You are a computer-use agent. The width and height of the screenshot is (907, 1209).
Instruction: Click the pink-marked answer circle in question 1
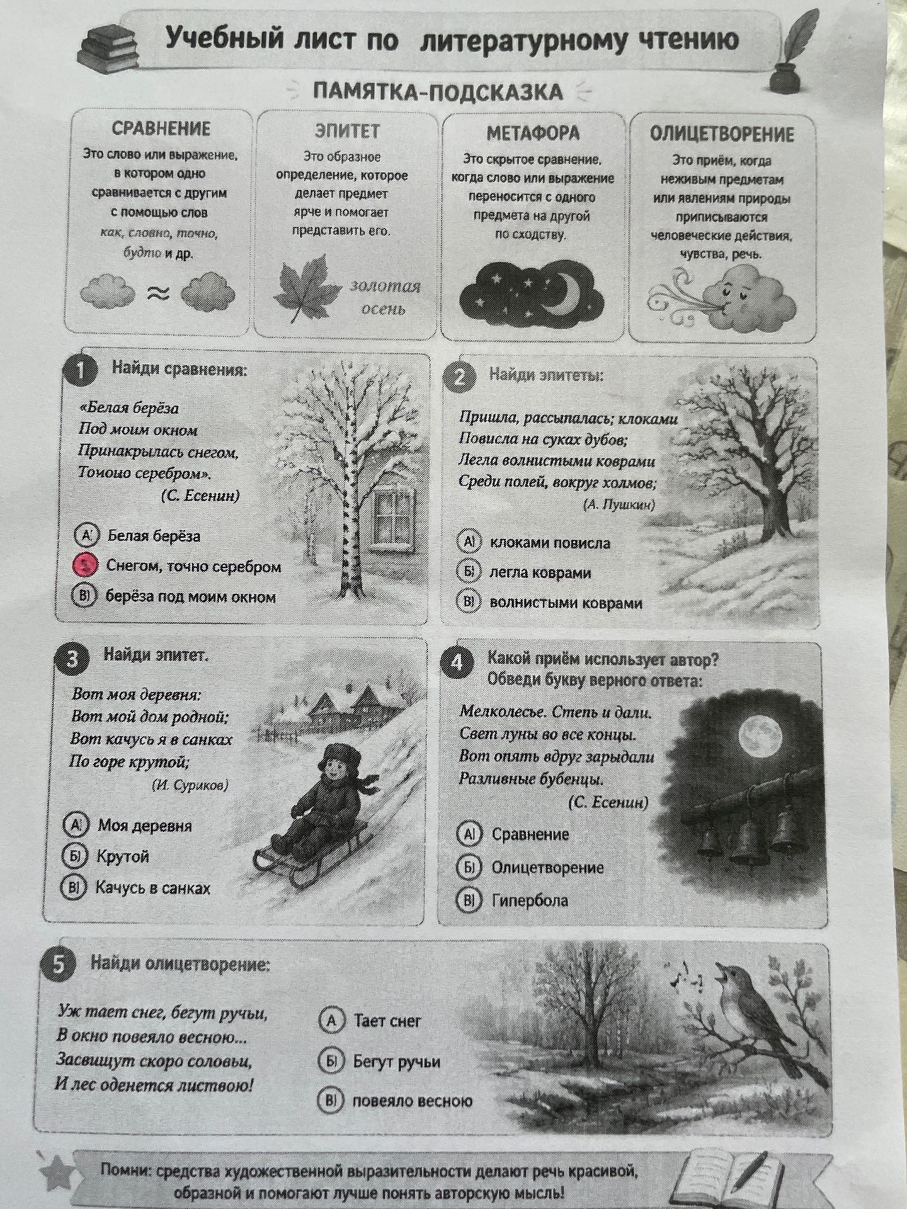tap(86, 565)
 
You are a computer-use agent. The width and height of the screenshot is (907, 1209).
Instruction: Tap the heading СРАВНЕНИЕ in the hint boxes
tap(161, 128)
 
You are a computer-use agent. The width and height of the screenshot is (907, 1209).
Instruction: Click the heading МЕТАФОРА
tap(533, 133)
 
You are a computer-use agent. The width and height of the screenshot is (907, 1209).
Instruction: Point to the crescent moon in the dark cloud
tap(563, 290)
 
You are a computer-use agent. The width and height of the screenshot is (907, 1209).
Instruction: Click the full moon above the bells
tap(762, 735)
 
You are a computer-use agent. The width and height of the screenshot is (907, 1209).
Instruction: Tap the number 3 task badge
tap(72, 659)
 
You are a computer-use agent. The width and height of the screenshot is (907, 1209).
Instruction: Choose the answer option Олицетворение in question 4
tap(547, 867)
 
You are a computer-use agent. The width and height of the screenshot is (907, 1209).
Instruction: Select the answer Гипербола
tap(530, 900)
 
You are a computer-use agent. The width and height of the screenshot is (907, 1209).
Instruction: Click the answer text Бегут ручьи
tap(397, 1062)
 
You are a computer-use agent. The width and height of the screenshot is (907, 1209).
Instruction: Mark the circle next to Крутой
tap(74, 855)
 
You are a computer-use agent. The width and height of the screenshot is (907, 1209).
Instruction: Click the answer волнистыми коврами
tap(566, 603)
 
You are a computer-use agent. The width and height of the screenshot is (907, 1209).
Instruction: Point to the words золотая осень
tap(385, 297)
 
